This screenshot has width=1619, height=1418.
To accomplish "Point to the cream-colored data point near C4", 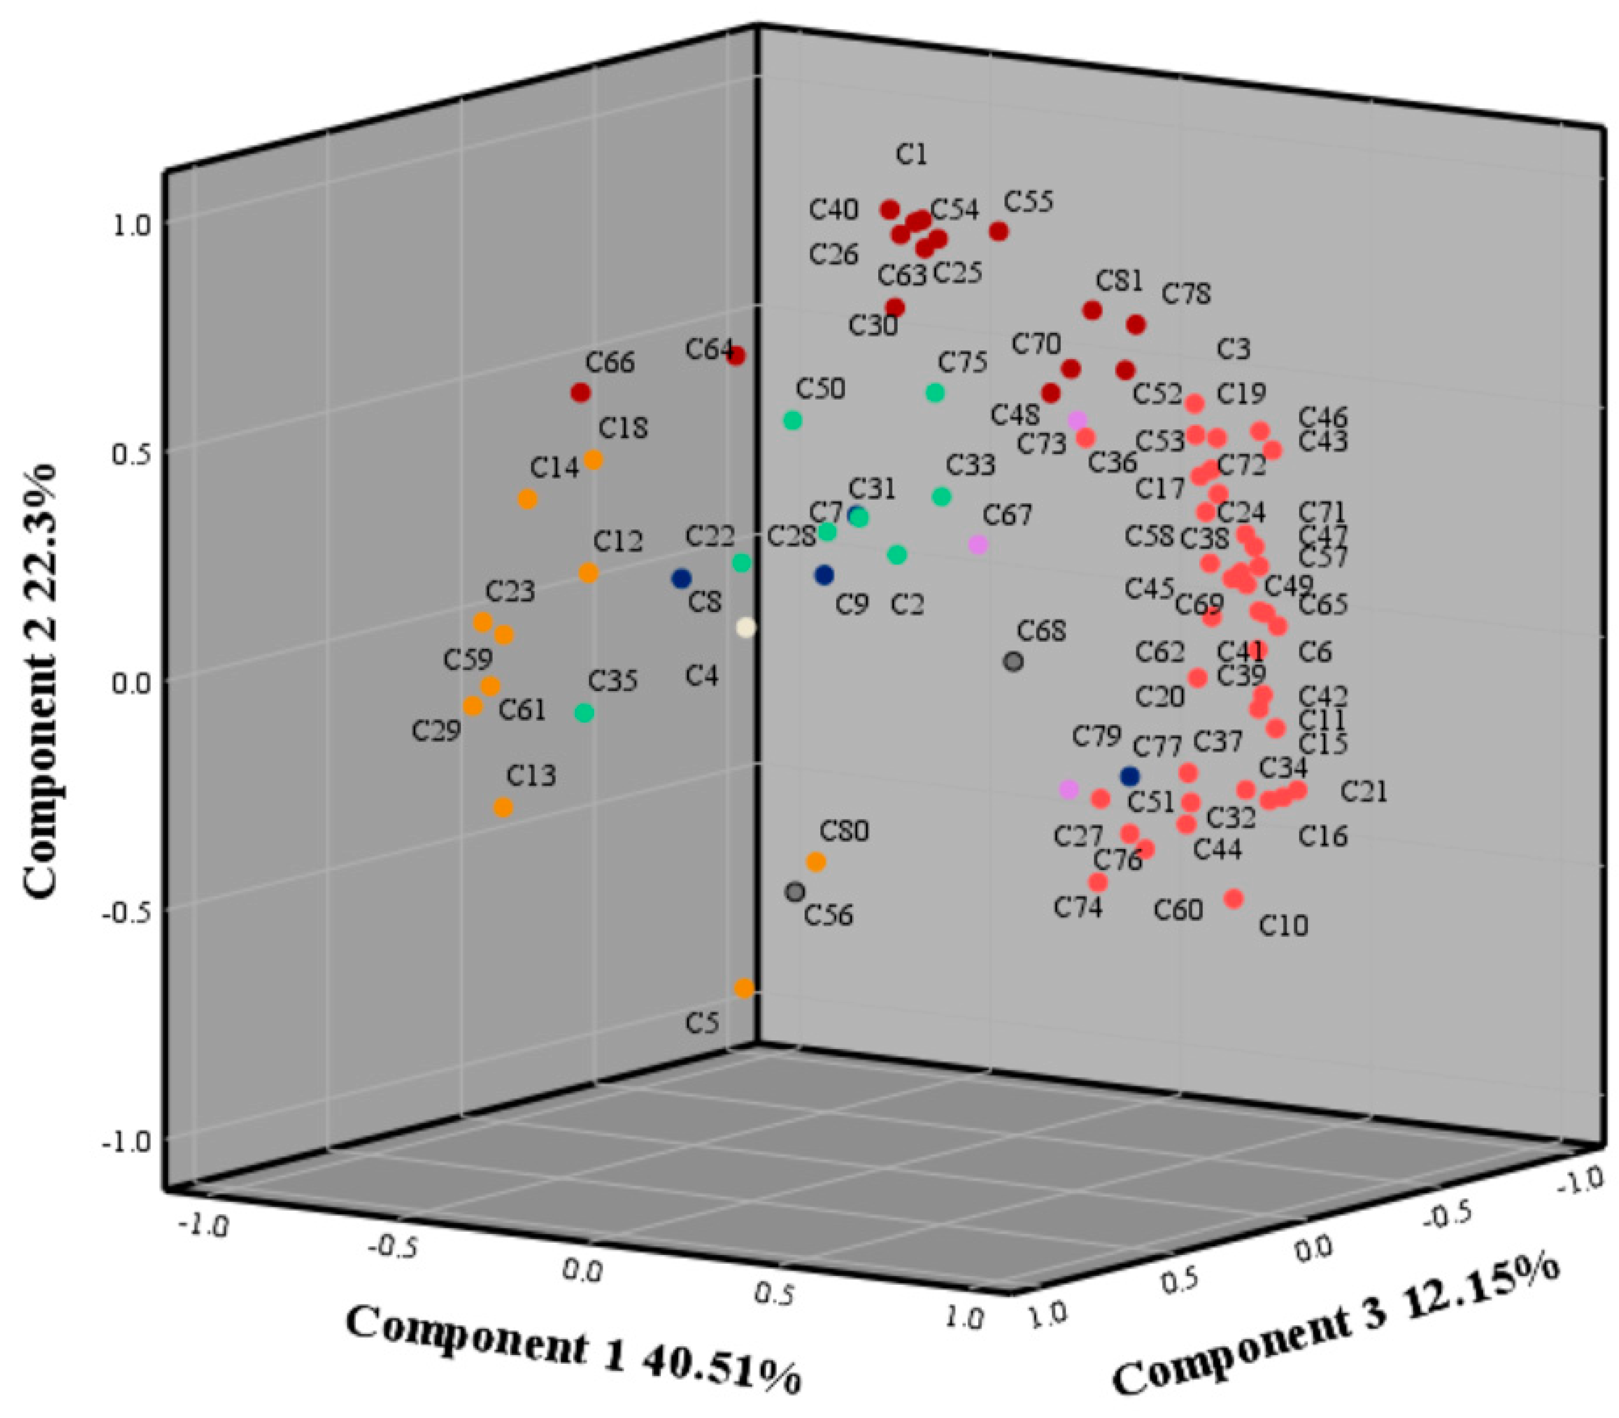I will point(746,628).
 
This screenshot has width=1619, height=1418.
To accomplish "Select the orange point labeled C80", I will point(815,862).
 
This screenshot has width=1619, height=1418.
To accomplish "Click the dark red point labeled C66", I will point(580,392).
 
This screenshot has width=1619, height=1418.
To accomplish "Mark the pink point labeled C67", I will point(978,545).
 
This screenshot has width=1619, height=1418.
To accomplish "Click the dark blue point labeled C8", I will point(681,578).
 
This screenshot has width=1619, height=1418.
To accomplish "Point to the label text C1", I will point(911,154).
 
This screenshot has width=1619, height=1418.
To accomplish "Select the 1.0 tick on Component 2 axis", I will point(131,225).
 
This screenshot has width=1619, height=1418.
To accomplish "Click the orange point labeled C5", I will point(744,988).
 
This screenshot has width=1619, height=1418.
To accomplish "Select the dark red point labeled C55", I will point(998,232).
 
